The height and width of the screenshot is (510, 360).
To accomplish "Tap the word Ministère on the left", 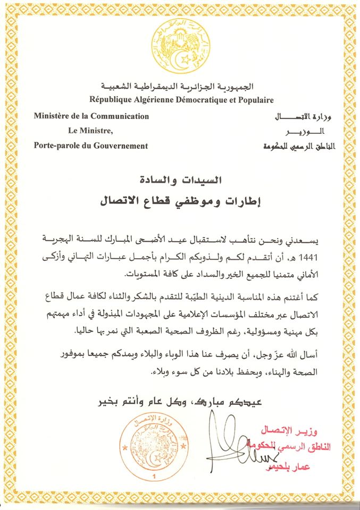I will [54, 116].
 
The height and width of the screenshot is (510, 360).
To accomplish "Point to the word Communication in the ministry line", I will [120, 116].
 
